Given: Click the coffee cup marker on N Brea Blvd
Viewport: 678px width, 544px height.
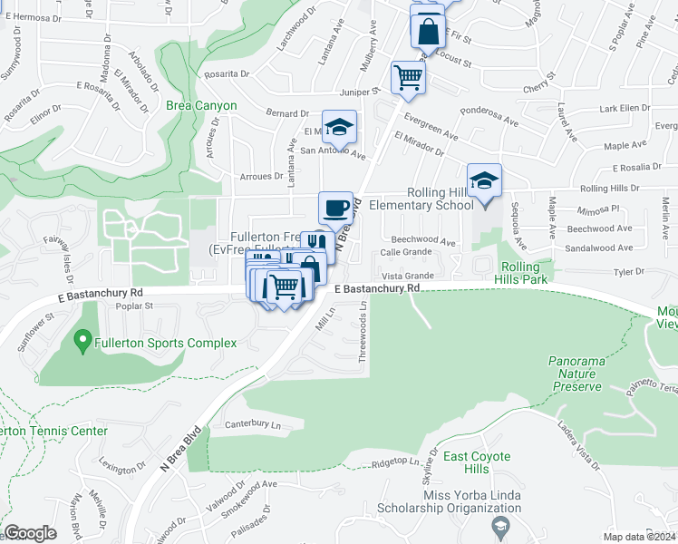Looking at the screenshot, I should point(335,208).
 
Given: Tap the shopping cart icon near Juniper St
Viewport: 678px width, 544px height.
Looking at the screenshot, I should point(408,77).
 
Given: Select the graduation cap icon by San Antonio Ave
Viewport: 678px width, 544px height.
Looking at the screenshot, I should point(339,127).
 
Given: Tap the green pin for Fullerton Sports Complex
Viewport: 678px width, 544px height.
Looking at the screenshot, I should point(82,342).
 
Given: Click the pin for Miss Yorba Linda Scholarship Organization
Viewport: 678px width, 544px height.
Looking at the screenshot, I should point(499,526).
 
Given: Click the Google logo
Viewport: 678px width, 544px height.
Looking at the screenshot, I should point(30,533).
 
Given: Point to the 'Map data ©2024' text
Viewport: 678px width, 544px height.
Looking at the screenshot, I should point(639,537).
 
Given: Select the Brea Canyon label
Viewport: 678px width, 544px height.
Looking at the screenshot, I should point(201,106).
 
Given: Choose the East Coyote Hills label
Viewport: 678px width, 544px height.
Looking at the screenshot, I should point(477,462).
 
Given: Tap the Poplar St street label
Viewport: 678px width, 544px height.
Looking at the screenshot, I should point(134,306).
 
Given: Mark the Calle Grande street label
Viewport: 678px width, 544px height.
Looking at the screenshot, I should point(405,252).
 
